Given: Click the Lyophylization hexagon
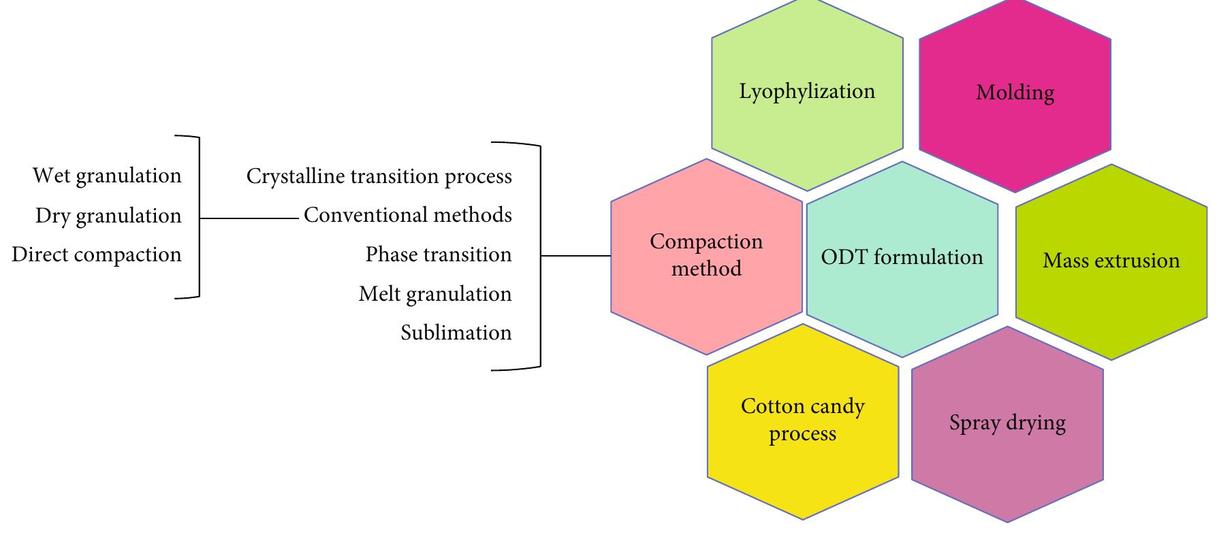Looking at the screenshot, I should (807, 95).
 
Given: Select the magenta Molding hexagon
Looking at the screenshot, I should (1015, 95).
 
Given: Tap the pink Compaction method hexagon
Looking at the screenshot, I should (706, 256).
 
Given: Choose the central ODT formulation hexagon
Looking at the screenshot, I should (902, 259).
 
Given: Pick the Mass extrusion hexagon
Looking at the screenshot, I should (1111, 261).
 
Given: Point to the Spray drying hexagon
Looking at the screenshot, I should (1007, 424).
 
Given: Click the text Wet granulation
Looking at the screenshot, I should (107, 176).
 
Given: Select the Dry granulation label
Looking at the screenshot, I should (108, 216).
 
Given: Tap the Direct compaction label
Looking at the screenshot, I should (97, 255).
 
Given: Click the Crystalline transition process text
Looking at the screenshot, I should (379, 177).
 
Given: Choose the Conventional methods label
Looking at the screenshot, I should (407, 216).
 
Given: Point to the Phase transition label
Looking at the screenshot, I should (438, 255).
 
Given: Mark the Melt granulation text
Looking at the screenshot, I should (434, 295).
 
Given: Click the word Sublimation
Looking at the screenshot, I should (456, 333).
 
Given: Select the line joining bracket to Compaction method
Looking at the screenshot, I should (575, 257).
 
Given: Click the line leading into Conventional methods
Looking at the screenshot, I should (249, 218).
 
